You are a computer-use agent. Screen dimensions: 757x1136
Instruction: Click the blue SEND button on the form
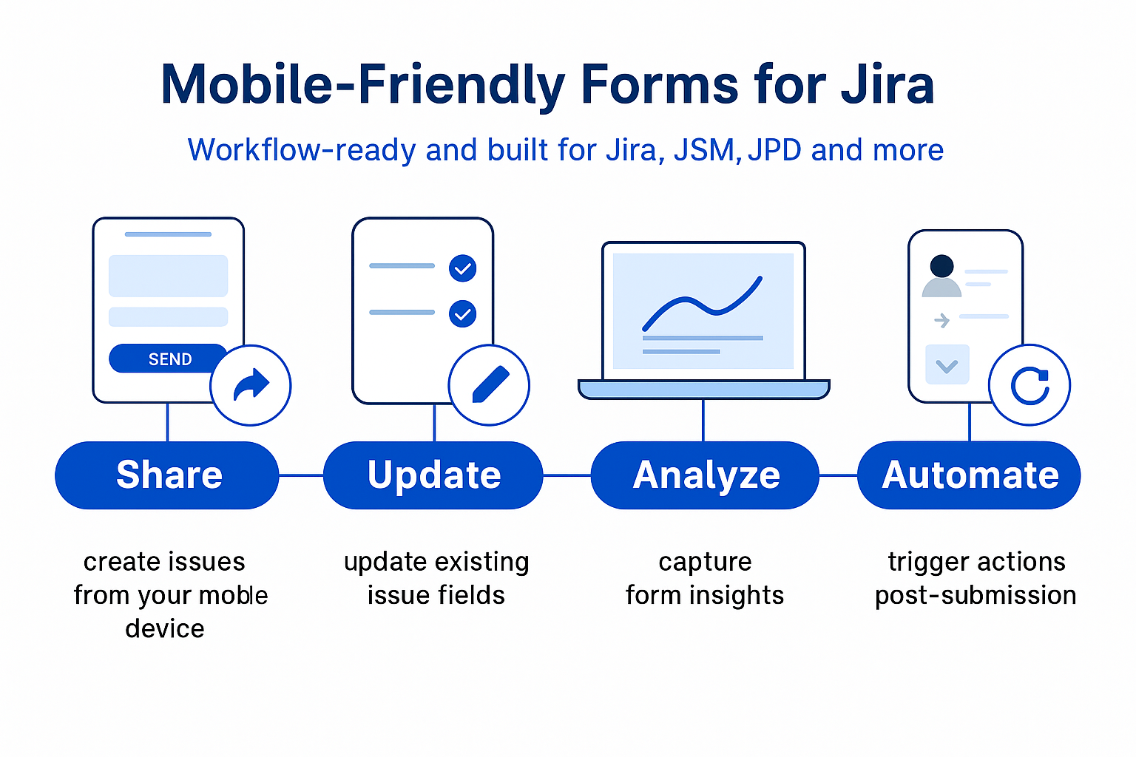tap(169, 359)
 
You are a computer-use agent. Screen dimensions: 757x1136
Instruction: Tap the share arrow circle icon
tap(251, 385)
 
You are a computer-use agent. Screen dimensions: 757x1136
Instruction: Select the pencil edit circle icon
tap(489, 385)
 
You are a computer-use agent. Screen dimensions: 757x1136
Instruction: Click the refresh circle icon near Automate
tap(1029, 385)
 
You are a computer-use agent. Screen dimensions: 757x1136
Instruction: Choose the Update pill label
tap(434, 475)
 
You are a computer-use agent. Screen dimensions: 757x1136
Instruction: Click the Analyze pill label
tap(706, 475)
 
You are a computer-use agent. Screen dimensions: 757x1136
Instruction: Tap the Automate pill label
tap(970, 475)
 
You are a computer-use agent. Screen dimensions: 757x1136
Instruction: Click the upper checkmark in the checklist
tap(462, 268)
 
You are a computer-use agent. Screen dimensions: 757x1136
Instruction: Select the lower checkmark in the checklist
tap(462, 314)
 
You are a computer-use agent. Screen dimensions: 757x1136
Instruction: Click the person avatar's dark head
tap(941, 265)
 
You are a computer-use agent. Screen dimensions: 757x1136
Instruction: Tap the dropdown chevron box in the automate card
tap(947, 364)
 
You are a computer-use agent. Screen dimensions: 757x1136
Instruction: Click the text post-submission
tap(976, 595)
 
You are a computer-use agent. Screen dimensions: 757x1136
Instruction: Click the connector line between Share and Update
tap(301, 475)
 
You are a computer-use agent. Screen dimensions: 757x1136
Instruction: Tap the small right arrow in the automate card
tap(941, 320)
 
